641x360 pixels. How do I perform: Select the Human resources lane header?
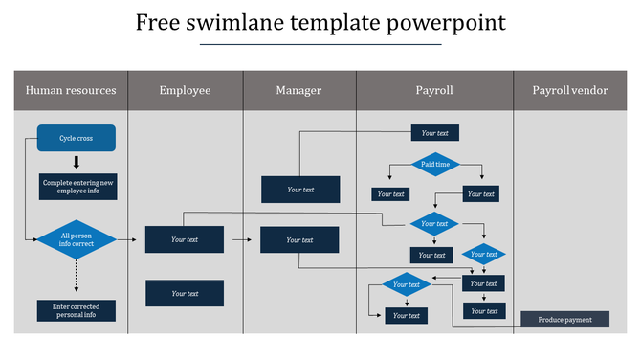[x=71, y=91]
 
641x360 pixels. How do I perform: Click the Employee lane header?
[x=185, y=91]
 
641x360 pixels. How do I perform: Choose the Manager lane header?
[x=298, y=91]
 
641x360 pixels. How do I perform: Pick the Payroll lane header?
[x=434, y=91]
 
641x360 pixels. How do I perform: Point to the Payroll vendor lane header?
[x=569, y=91]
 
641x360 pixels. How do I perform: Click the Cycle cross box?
[x=77, y=138]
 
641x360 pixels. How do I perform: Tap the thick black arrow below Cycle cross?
[x=77, y=162]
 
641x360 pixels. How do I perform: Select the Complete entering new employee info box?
[x=78, y=187]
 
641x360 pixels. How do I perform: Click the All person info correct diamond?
[x=77, y=239]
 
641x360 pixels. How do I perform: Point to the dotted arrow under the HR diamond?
[x=77, y=277]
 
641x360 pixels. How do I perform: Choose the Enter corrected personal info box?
[x=77, y=310]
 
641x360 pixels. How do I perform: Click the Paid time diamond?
[x=435, y=165]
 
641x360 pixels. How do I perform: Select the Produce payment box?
[x=564, y=320]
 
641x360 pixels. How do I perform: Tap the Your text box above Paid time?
[x=435, y=133]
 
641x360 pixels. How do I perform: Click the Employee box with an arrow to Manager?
[x=185, y=239]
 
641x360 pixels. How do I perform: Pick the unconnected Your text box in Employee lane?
[x=185, y=293]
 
